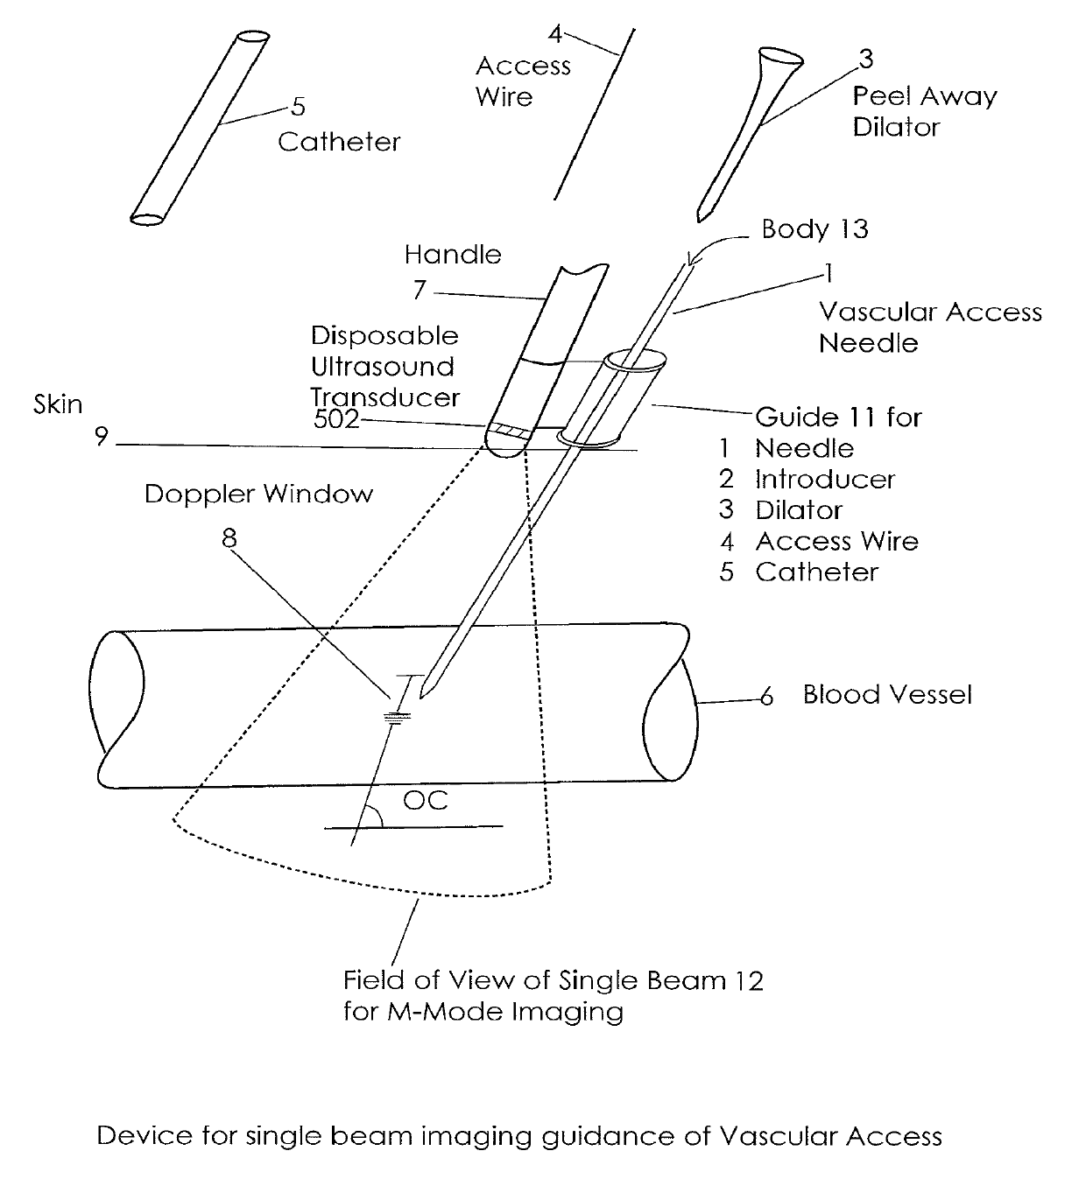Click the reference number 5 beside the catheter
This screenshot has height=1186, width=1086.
pyautogui.click(x=299, y=107)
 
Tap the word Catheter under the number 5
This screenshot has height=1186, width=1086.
pyautogui.click(x=339, y=142)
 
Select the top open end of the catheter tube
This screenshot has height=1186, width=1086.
pyautogui.click(x=253, y=37)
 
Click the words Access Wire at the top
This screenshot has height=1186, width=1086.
pyautogui.click(x=523, y=81)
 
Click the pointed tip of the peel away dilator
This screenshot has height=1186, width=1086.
pyautogui.click(x=700, y=220)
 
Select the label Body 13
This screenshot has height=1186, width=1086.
pyautogui.click(x=814, y=229)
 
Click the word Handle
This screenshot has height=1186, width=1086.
pyautogui.click(x=453, y=255)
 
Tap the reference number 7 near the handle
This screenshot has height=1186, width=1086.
pyautogui.click(x=419, y=290)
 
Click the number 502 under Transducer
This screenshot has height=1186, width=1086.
pyautogui.click(x=336, y=419)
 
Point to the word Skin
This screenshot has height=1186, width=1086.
pyautogui.click(x=58, y=404)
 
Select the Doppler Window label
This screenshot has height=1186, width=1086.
pyautogui.click(x=258, y=494)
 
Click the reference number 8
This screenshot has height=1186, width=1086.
pyautogui.click(x=229, y=538)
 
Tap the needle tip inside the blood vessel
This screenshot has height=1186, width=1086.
pyautogui.click(x=421, y=697)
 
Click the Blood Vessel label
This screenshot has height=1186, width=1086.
pyautogui.click(x=887, y=695)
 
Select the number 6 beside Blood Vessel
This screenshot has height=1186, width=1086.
pyautogui.click(x=766, y=698)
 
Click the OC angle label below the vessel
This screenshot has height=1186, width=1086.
pyautogui.click(x=425, y=801)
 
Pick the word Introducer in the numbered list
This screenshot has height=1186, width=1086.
pyautogui.click(x=825, y=480)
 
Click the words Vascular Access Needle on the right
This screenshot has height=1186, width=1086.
pyautogui.click(x=930, y=327)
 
